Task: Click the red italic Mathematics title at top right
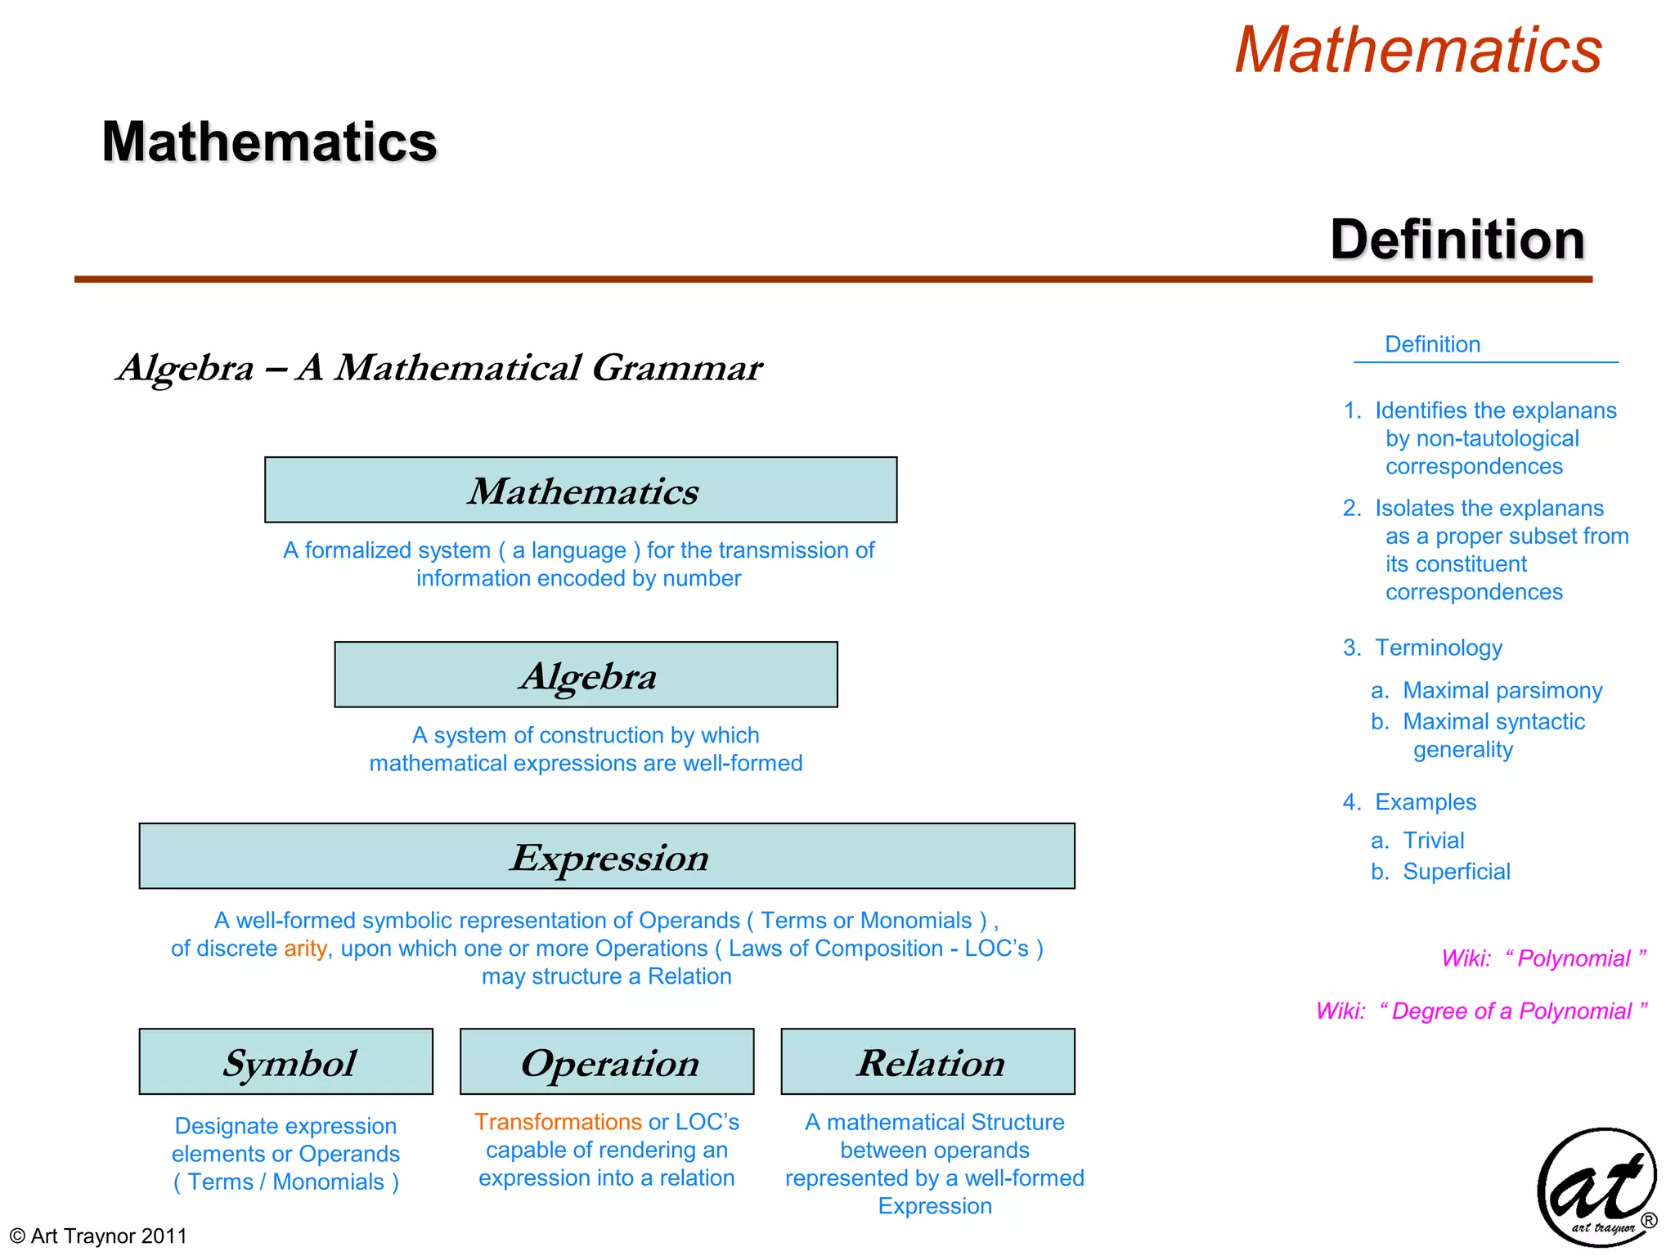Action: click(1417, 51)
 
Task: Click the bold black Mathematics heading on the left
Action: click(269, 142)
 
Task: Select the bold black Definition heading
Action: click(1457, 240)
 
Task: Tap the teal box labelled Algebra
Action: click(586, 675)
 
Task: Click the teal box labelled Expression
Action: click(606, 856)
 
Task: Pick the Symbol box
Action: click(285, 1061)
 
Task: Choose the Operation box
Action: click(606, 1061)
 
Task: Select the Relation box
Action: click(927, 1061)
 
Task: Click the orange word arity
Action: click(305, 949)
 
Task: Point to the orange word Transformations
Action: click(558, 1122)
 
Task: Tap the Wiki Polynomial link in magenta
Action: click(1543, 958)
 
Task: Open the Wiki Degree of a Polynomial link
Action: click(1481, 1012)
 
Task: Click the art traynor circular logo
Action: click(1596, 1187)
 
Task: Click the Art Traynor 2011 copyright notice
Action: click(99, 1236)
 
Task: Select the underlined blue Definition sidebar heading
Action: click(1432, 344)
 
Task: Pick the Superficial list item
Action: click(1456, 872)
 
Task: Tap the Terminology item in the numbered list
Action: click(1438, 648)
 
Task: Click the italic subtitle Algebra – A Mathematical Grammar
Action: click(439, 368)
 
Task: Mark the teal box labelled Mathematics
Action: click(581, 490)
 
